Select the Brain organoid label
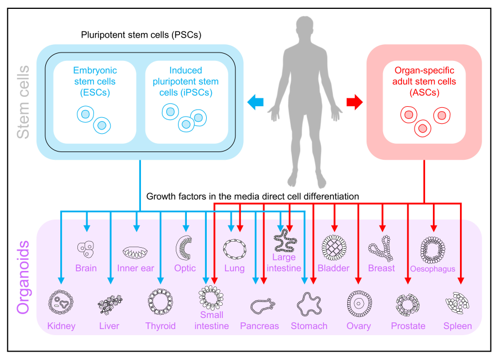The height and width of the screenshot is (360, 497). click(x=86, y=268)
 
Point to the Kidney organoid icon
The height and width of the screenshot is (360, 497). click(x=60, y=302)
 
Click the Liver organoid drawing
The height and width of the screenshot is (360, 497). click(x=109, y=304)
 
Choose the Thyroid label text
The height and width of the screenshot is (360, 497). click(x=160, y=326)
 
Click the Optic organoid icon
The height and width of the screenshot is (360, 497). click(x=185, y=247)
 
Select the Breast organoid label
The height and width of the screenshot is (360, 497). click(x=381, y=268)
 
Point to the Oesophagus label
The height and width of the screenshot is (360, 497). click(x=433, y=269)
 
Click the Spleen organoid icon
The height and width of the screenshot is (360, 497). click(x=458, y=303)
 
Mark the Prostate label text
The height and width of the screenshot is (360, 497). click(x=408, y=326)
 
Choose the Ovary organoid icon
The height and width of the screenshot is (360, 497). click(x=359, y=303)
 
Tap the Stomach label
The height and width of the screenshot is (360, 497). click(x=309, y=326)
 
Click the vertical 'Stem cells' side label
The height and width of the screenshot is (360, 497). click(x=23, y=102)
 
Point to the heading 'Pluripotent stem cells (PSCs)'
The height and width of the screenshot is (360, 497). click(x=140, y=35)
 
